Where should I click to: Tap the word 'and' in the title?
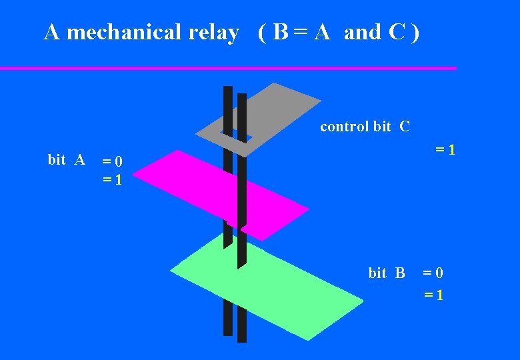click(362, 32)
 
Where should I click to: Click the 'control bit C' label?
click(365, 127)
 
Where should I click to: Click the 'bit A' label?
click(66, 160)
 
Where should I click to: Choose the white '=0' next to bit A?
click(112, 161)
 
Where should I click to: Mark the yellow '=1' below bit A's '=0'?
click(112, 180)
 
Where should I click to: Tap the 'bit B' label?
click(387, 273)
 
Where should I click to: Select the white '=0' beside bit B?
click(433, 273)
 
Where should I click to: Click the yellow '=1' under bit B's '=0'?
click(433, 294)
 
